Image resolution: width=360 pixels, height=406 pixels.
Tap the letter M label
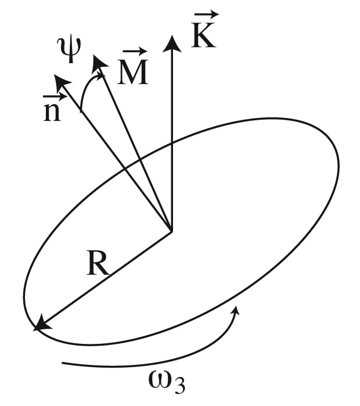click(x=133, y=71)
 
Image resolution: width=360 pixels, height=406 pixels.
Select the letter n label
click(x=52, y=112)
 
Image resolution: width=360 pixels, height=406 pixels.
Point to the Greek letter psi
click(x=69, y=49)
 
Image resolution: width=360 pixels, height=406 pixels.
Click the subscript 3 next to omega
click(x=179, y=386)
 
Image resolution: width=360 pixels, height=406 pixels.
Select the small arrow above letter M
click(x=135, y=52)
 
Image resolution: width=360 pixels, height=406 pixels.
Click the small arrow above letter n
click(x=55, y=97)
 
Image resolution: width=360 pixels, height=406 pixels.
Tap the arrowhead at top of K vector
click(x=171, y=44)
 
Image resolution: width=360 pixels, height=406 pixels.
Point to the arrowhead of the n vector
click(x=55, y=75)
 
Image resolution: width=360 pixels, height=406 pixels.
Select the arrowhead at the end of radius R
click(x=35, y=329)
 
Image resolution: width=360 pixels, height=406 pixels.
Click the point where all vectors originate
click(x=171, y=231)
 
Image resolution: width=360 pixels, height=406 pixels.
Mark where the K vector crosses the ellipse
click(x=171, y=143)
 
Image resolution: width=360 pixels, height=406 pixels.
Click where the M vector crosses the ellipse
click(x=140, y=160)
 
